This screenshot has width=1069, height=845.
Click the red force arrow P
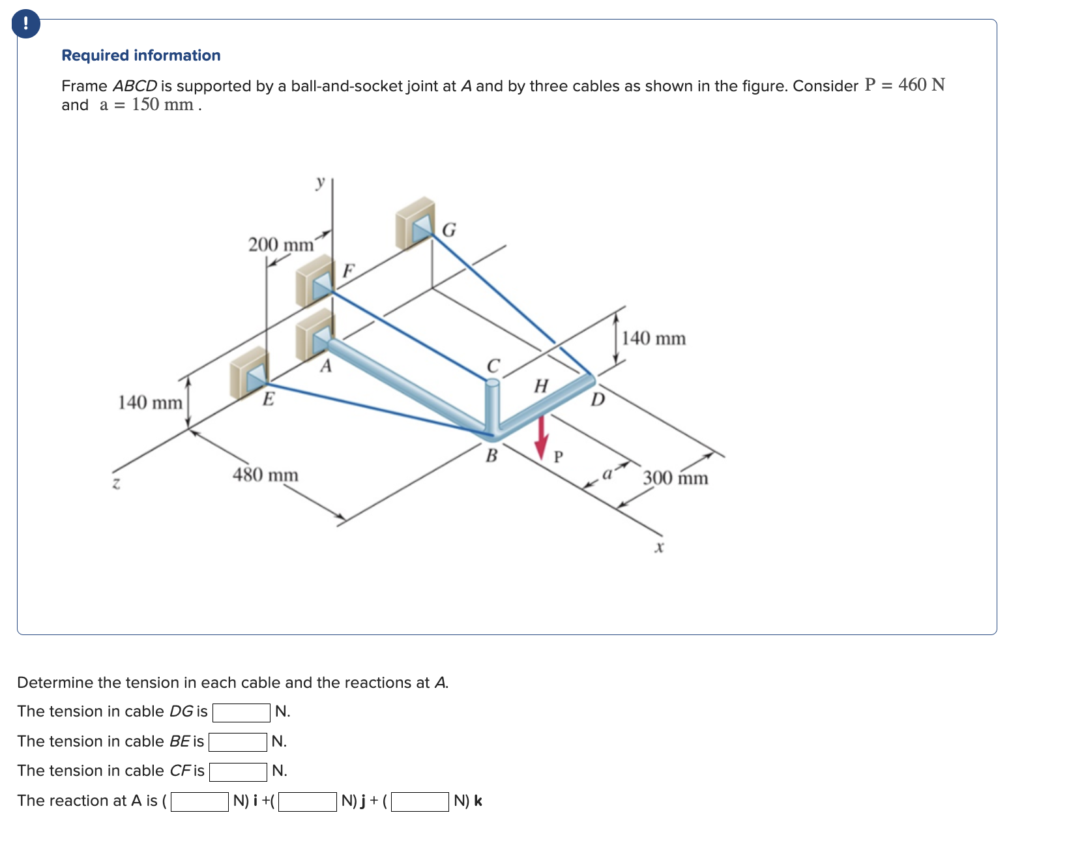541,438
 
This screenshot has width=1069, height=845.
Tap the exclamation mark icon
25,24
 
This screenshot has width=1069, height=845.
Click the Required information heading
141,55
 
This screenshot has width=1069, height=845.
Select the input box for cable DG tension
241,712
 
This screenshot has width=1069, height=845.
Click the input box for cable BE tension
237,742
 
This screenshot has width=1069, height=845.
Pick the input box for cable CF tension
238,771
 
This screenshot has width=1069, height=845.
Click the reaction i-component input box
199,801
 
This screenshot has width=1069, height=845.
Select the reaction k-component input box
420,801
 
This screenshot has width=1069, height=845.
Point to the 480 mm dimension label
265,475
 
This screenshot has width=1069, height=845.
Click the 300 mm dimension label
675,478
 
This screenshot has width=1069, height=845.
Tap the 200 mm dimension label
280,245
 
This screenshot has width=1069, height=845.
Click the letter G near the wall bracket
449,230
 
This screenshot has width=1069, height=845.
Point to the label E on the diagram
268,399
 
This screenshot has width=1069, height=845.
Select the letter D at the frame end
598,399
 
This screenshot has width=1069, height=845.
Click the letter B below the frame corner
491,456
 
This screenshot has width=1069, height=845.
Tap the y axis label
319,182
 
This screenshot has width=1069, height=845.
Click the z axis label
116,483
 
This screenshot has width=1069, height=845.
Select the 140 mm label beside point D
653,338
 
